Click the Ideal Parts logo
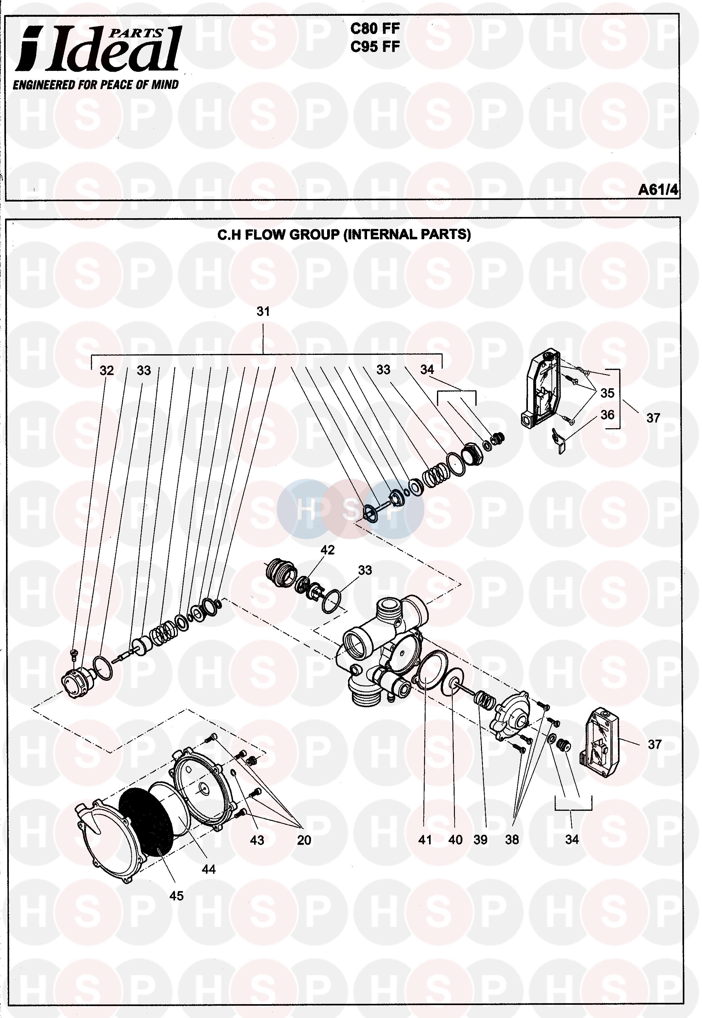click(98, 49)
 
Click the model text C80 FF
click(375, 29)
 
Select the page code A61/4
click(658, 190)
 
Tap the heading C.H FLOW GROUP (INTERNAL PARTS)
click(344, 235)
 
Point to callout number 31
click(263, 311)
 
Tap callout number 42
click(328, 550)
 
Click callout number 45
click(176, 896)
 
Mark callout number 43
click(257, 840)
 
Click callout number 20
click(304, 840)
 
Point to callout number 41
click(425, 840)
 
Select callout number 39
click(480, 840)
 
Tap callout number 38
click(512, 840)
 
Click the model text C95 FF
click(375, 47)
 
